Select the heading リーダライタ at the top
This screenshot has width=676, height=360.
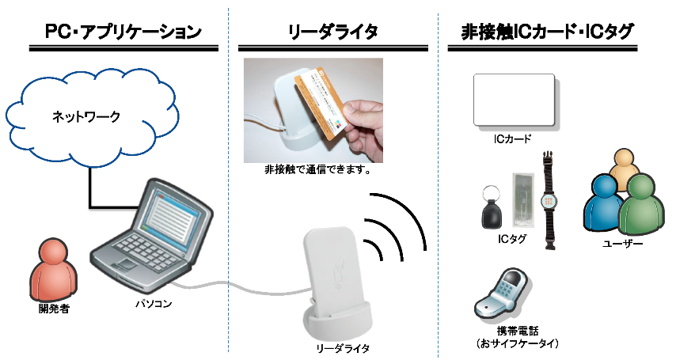coord(332,32)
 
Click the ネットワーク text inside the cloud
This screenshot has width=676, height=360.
coord(86,117)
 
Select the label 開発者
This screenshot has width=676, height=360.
coord(54,309)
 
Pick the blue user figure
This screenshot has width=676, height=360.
coord(603,204)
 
